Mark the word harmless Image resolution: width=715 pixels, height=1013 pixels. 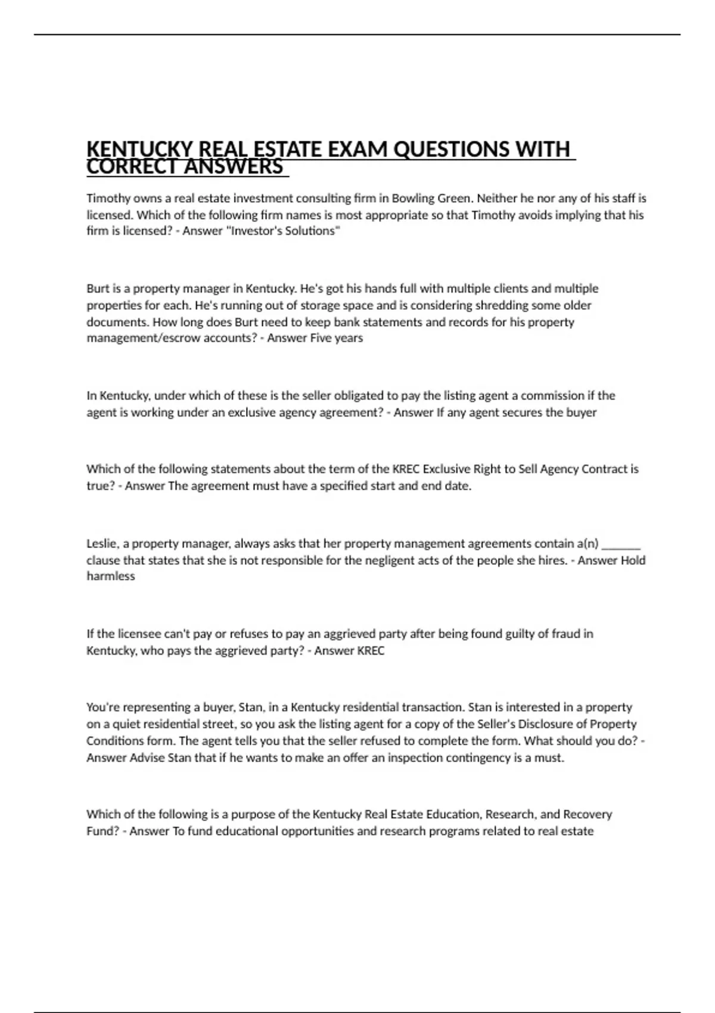click(x=111, y=576)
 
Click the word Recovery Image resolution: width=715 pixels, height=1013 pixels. click(x=587, y=814)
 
